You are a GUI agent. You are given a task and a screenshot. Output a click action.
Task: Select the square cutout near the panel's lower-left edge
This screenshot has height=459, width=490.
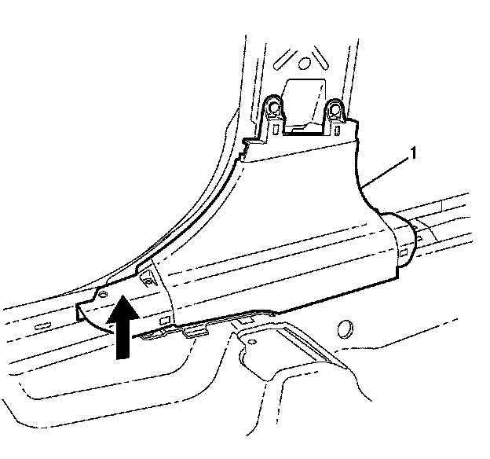tap(163, 321)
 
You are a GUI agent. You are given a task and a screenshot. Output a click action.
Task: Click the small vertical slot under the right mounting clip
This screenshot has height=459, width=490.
tap(338, 129)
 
